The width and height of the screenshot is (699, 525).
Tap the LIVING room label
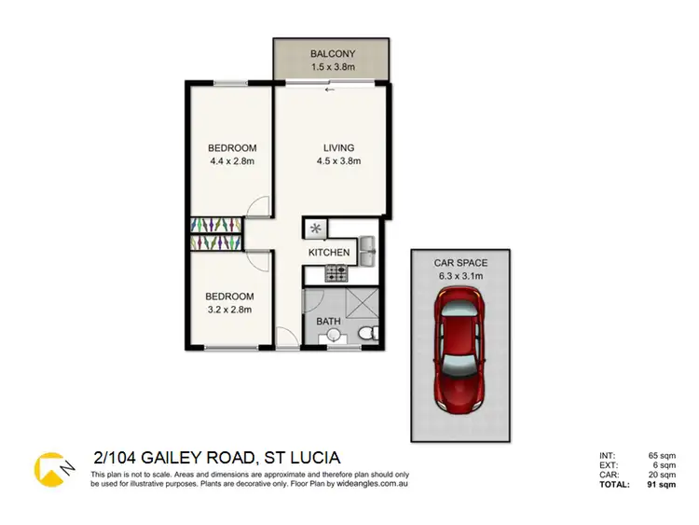339,148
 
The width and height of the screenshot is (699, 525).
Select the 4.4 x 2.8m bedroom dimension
232,161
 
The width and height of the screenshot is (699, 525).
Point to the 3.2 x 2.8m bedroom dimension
230,310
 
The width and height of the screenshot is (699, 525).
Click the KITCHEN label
329,253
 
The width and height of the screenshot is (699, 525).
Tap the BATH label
328,322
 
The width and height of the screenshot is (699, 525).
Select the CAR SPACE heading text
460,264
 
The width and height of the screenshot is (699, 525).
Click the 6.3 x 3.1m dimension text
460,277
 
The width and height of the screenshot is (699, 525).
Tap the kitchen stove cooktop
336,273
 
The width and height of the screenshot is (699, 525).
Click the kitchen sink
366,246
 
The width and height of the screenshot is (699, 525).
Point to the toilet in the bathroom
367,333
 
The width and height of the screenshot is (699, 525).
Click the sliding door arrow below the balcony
327,90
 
